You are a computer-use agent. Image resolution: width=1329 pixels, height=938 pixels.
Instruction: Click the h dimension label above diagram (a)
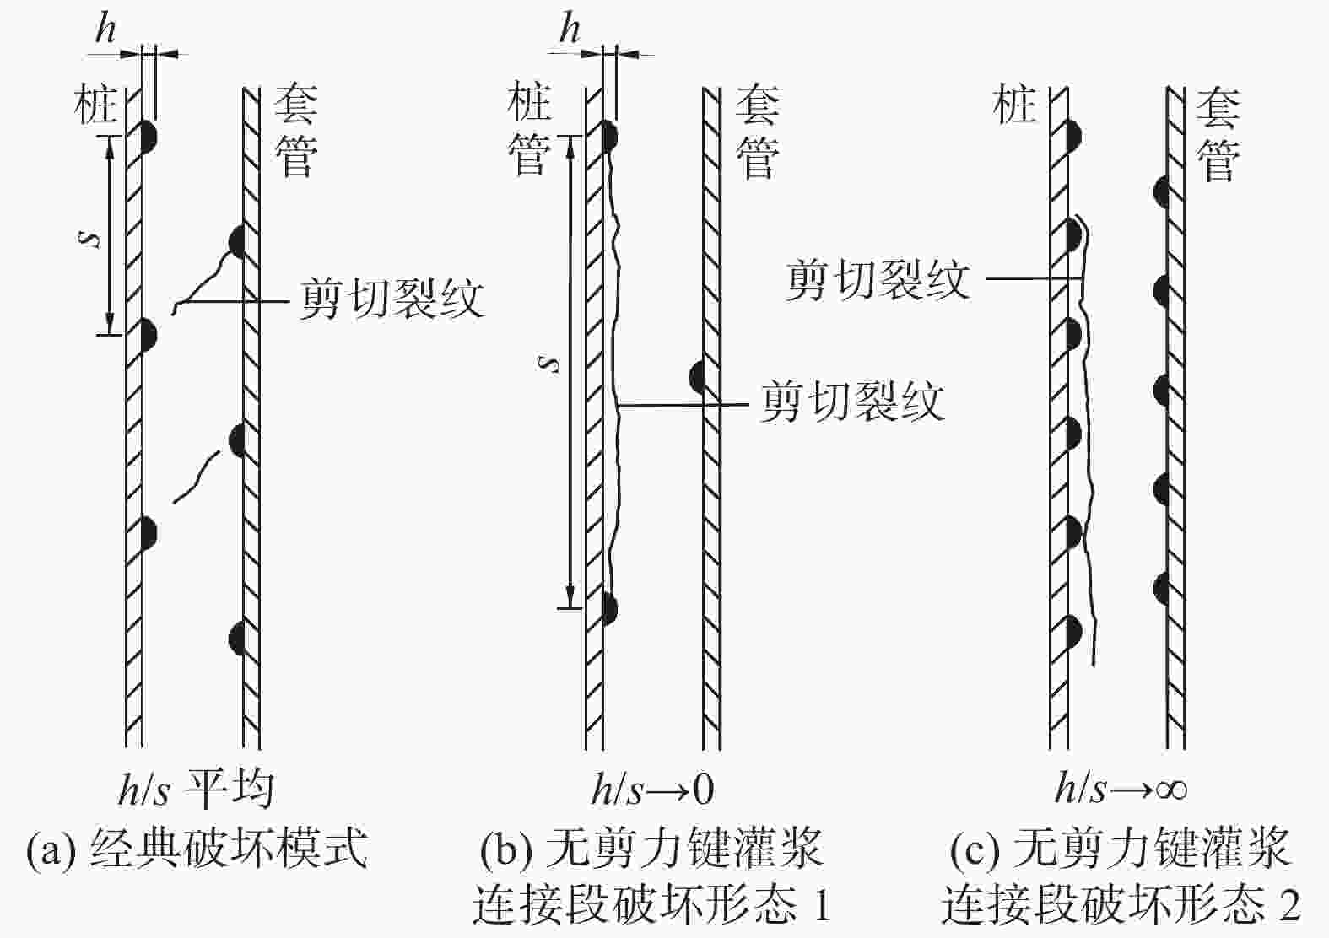tap(105, 28)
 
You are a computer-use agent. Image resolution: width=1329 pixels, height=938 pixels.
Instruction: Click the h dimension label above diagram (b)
tap(570, 28)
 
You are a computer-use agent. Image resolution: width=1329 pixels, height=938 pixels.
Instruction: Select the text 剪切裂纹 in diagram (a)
tap(392, 299)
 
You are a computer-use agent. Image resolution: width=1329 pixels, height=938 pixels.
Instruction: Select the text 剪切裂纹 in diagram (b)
tap(852, 402)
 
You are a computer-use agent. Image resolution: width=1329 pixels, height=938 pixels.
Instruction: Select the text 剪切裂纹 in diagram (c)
tap(878, 279)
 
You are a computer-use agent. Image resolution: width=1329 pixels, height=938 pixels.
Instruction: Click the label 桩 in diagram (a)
tap(95, 105)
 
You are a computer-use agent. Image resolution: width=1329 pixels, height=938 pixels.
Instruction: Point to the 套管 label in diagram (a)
tap(295, 131)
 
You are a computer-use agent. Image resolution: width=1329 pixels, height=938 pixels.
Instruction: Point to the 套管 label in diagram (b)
tap(758, 132)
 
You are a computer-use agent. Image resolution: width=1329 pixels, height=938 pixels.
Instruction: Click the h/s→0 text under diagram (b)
tap(652, 790)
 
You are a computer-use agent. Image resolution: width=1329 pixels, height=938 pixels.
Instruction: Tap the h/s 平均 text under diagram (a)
tap(197, 790)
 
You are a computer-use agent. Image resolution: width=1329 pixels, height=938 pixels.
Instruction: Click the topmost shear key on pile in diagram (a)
tap(149, 137)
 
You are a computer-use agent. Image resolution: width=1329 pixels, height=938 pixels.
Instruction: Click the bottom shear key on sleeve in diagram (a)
tap(237, 639)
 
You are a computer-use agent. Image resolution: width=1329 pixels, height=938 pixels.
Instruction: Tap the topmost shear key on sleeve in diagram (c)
tap(1161, 191)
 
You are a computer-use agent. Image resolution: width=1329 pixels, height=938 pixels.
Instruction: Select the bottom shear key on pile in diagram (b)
tap(610, 609)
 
